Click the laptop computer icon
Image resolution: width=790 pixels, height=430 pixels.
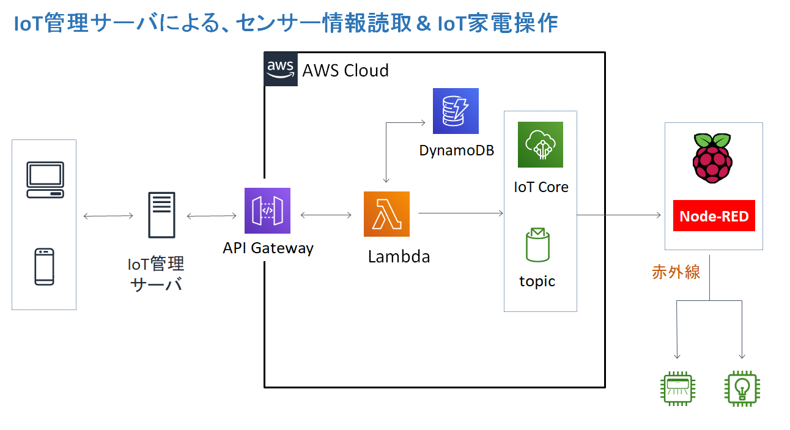point(45,180)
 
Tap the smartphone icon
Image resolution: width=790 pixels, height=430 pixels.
point(45,267)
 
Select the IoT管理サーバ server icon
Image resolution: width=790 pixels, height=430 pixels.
point(161,215)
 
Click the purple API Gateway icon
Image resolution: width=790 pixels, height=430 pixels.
point(267,211)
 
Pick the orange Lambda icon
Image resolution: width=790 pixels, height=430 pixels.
point(386,214)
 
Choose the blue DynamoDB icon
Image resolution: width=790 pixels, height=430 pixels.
point(456,111)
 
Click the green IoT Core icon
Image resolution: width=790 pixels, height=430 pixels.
point(540,144)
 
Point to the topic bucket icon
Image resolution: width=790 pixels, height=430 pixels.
point(537,245)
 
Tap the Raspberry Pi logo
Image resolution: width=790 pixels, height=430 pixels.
point(712,158)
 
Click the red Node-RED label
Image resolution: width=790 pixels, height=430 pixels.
point(714,216)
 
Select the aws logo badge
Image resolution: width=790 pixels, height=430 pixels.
point(281,70)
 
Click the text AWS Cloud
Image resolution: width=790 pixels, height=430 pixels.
point(345,70)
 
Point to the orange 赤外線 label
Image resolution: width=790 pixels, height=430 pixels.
point(676,272)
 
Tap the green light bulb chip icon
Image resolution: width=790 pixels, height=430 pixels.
point(742,388)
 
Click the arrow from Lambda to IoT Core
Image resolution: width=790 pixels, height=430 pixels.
point(460,213)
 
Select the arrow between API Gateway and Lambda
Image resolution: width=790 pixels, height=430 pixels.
point(326,215)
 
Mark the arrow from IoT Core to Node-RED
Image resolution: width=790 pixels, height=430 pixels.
point(619,215)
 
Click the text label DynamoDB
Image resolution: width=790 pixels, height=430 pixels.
point(457,150)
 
